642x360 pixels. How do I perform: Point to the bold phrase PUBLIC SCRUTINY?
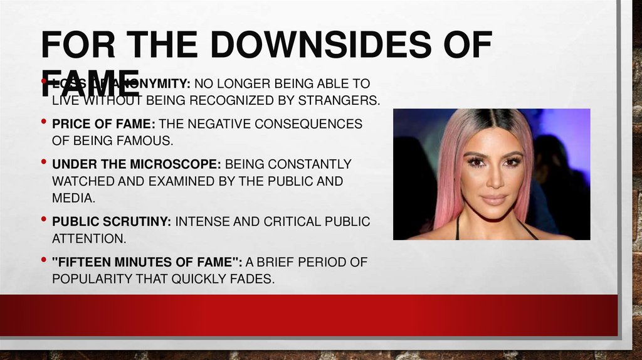112,222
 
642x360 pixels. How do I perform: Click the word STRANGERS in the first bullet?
344,100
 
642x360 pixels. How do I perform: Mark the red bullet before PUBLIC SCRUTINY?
43,220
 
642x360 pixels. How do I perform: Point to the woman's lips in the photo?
494,199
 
